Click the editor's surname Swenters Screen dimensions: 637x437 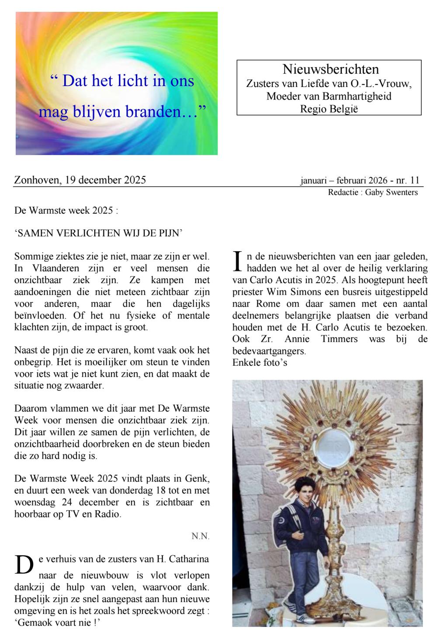coord(402,192)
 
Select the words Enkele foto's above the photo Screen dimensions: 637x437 coord(260,362)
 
